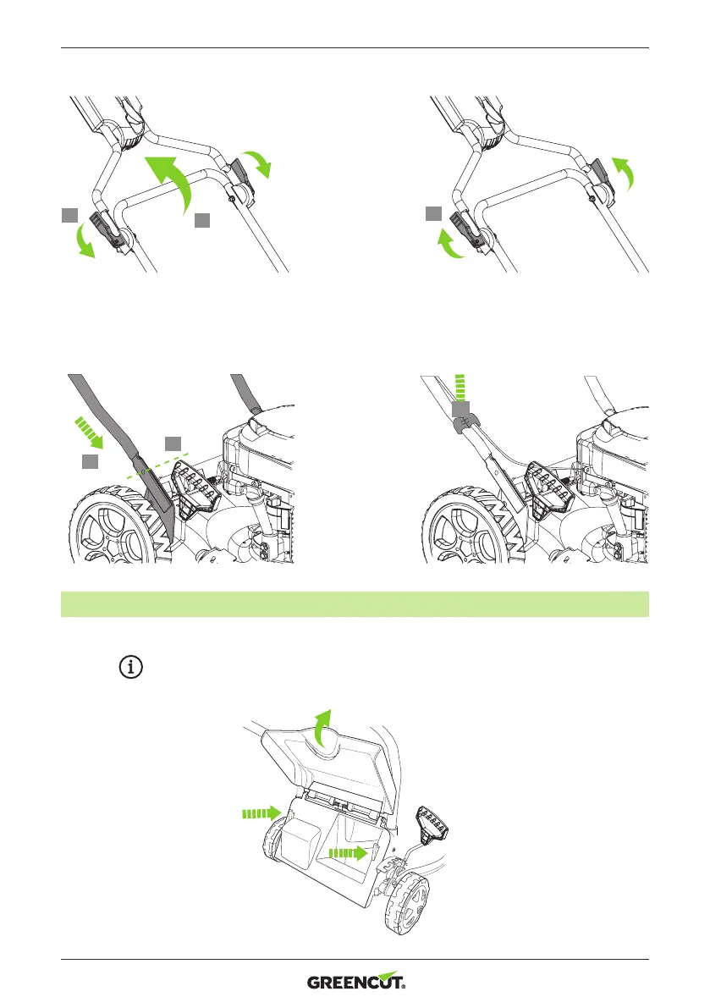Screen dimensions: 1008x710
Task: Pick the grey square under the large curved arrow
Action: click(x=201, y=220)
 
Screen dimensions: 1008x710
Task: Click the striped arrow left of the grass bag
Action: click(x=257, y=813)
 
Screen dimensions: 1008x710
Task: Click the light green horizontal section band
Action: click(x=355, y=604)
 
